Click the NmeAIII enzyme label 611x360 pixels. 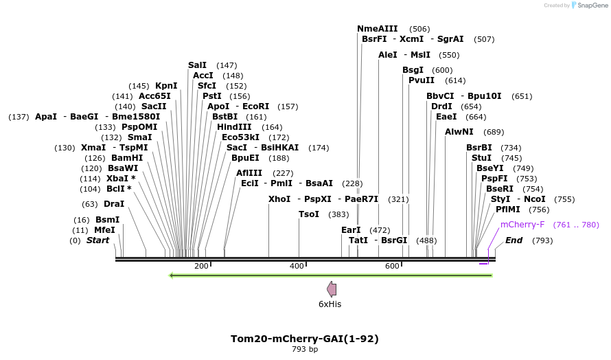[377, 29]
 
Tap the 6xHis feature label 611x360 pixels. [330, 304]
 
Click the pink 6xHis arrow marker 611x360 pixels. [332, 289]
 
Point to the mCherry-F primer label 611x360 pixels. [522, 225]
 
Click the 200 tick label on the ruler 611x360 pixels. [201, 266]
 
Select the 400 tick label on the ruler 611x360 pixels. [297, 266]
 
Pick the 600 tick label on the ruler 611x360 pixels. [392, 266]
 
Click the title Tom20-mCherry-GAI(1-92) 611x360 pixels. [305, 339]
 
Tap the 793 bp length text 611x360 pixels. [305, 349]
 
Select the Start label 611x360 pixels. [97, 240]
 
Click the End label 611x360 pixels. [514, 240]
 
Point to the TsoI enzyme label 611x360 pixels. [309, 214]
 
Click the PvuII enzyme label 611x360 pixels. [422, 80]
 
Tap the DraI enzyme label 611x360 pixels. [113, 204]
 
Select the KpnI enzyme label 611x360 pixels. [166, 86]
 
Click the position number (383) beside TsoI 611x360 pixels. [339, 214]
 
